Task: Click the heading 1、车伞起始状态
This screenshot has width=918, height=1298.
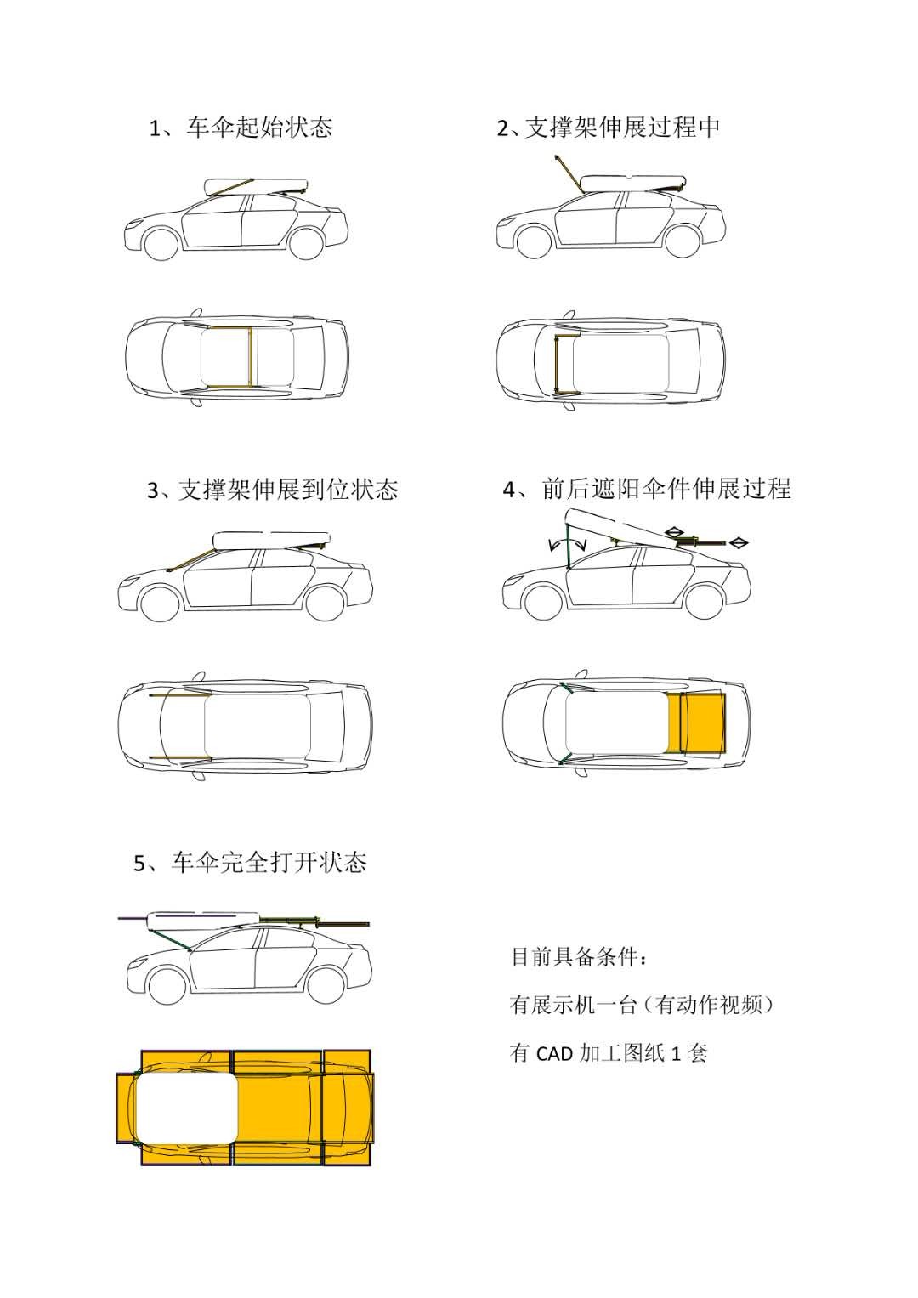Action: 241,128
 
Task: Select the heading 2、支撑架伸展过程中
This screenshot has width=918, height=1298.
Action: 609,128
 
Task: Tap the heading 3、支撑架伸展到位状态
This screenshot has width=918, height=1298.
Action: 272,490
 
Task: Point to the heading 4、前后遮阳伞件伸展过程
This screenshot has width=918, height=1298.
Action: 647,489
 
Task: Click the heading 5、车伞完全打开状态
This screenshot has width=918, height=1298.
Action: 251,863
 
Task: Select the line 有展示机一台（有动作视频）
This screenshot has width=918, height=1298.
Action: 642,1005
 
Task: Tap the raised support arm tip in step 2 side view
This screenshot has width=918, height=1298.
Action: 556,157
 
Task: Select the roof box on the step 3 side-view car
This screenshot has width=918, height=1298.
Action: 269,539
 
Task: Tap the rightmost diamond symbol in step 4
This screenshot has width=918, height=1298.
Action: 739,541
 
